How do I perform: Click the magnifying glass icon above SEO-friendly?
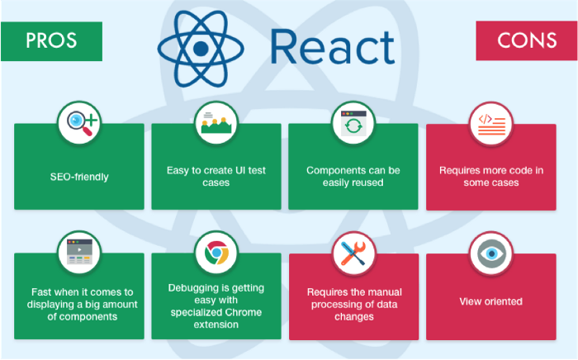pyautogui.click(x=78, y=125)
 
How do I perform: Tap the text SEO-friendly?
pyautogui.click(x=78, y=177)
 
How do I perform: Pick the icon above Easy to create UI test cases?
pyautogui.click(x=216, y=125)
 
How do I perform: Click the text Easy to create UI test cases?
pyautogui.click(x=216, y=177)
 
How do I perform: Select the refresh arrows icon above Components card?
pyautogui.click(x=353, y=125)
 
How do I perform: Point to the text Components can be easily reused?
pyautogui.click(x=353, y=177)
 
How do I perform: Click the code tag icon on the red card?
pyautogui.click(x=491, y=125)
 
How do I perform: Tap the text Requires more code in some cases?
pyautogui.click(x=491, y=177)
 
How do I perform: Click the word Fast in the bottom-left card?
pyautogui.click(x=44, y=292)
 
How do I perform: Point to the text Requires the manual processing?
pyautogui.click(x=353, y=298)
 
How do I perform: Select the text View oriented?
pyautogui.click(x=491, y=302)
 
